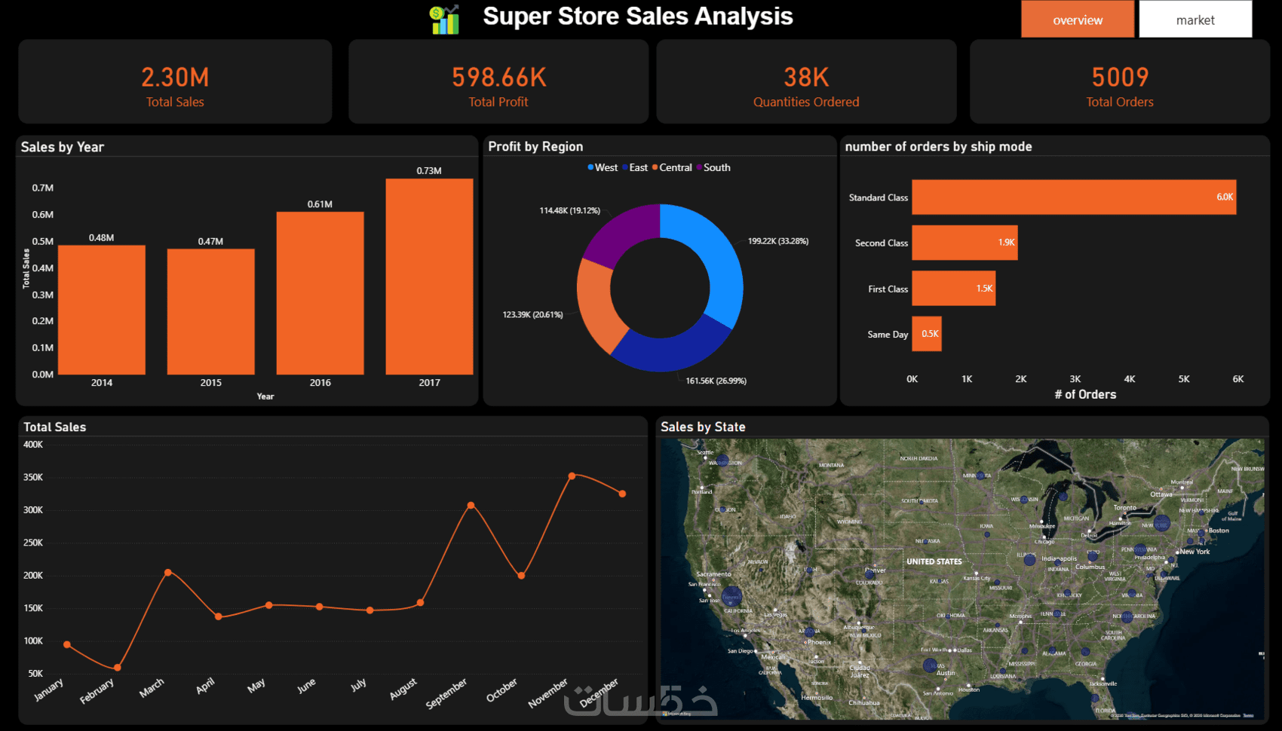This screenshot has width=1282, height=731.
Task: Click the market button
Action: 1195,20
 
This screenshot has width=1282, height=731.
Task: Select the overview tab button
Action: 1078,20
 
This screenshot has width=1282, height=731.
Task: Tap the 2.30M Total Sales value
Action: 175,77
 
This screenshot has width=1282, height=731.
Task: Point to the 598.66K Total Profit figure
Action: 498,77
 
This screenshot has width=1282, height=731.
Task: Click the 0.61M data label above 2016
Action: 320,204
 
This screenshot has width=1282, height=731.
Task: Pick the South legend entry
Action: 713,167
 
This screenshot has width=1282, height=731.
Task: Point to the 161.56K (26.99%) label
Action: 716,381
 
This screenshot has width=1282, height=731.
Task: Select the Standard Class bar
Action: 1073,197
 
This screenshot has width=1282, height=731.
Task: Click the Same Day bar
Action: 927,334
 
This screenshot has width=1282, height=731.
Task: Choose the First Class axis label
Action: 888,289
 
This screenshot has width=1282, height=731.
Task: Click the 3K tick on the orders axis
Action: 1075,379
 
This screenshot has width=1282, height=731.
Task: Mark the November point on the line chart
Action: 572,476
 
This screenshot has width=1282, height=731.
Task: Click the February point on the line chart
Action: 117,668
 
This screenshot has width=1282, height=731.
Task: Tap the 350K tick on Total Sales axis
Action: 33,477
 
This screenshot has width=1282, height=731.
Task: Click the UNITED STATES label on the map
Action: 934,561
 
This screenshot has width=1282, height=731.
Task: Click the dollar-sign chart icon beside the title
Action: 445,20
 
